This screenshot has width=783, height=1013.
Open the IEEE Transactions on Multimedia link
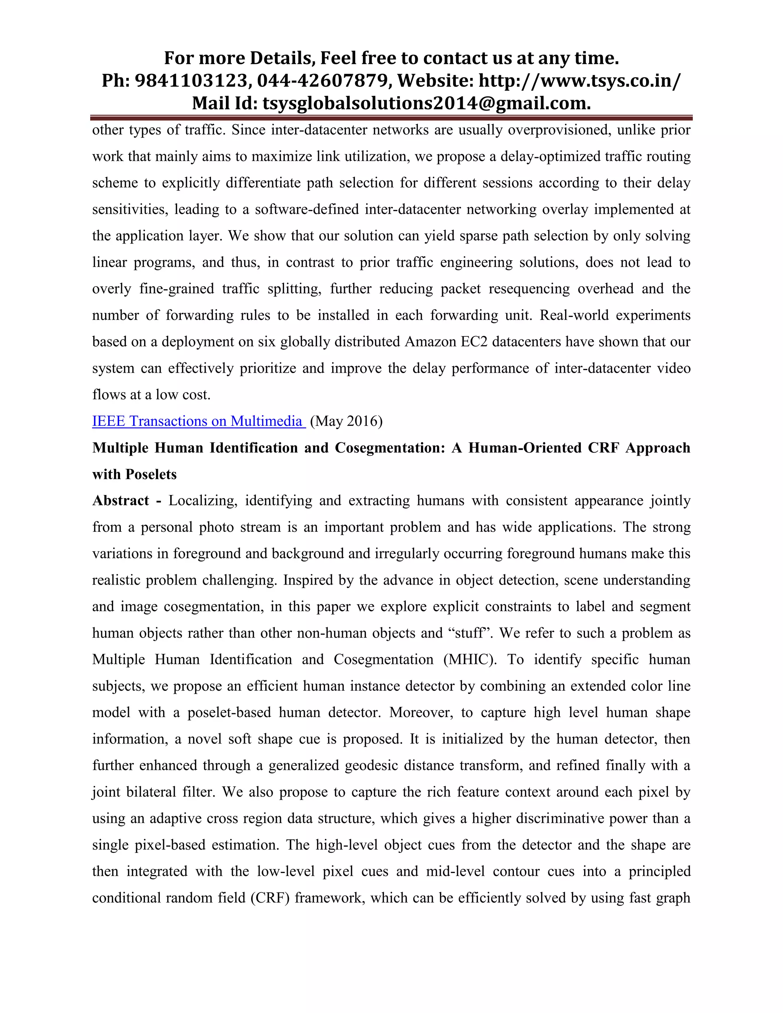point(198,421)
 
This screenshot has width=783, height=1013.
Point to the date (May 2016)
point(346,421)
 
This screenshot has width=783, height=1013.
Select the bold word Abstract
point(120,501)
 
